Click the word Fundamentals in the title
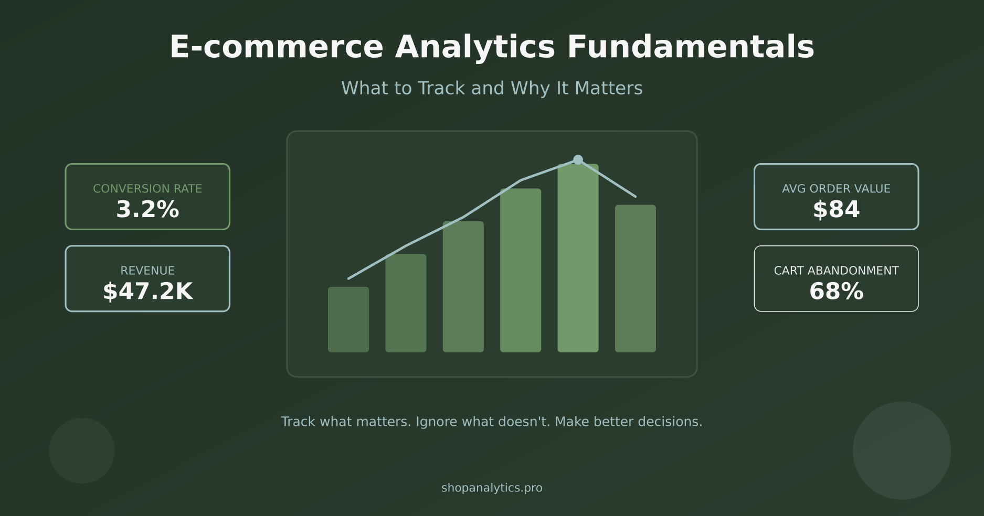691,47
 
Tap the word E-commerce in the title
277,47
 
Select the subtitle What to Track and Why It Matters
492,88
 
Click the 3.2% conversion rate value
147,210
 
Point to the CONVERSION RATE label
147,189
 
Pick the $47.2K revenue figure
147,292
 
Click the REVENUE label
147,271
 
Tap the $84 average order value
836,210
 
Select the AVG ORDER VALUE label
836,189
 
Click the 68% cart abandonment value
836,292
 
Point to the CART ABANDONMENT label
836,271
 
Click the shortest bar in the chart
348,319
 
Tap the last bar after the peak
635,278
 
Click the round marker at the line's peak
578,159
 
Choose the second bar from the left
406,303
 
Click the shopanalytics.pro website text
492,488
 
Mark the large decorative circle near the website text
902,450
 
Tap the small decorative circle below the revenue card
82,450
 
